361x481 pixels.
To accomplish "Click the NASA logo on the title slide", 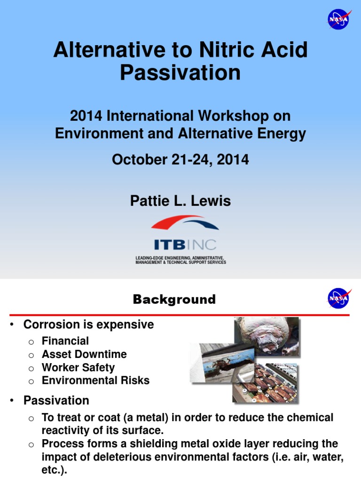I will pos(338,20).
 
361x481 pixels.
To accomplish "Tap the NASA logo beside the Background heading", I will pos(338,298).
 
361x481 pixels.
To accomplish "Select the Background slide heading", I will pos(174,300).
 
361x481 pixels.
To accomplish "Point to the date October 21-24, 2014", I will pos(180,160).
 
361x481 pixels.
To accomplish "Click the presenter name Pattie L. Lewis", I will pos(180,202).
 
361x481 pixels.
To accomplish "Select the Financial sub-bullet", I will pos(65,341).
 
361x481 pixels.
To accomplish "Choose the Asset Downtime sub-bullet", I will pos(84,354).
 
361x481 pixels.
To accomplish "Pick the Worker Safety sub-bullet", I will pos(78,367).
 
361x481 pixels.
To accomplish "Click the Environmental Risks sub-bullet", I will pos(95,380).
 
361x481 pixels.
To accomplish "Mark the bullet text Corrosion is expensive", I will pos(88,325).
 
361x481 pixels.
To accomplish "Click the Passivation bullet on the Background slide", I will pos(56,401).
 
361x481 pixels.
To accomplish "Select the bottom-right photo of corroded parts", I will pos(265,383).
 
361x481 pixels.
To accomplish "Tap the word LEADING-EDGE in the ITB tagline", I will pos(150,258).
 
